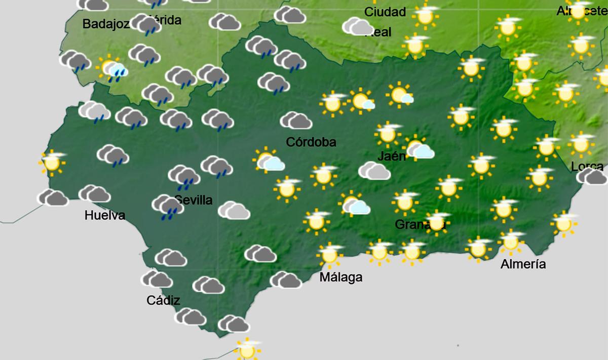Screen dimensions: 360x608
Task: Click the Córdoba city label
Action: [x=311, y=142]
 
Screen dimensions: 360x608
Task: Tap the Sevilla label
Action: [x=194, y=200]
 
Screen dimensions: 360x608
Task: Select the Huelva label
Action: [x=105, y=216]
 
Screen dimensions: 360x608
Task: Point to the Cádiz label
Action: [x=163, y=300]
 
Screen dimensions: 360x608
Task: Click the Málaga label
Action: [x=341, y=277]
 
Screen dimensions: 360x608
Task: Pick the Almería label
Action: [x=523, y=264]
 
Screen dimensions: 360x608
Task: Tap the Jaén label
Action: [x=392, y=156]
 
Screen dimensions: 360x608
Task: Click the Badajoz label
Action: [x=106, y=24]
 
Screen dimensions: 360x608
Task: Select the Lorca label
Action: [x=587, y=166]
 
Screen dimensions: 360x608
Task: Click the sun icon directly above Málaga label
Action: [x=330, y=254]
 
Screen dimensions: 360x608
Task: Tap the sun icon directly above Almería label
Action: [x=511, y=242]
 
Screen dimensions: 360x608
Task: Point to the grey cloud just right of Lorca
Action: [x=592, y=177]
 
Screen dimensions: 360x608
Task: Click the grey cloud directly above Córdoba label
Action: [x=296, y=121]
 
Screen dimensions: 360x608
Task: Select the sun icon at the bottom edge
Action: [x=248, y=349]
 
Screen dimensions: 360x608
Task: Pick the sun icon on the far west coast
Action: [x=52, y=162]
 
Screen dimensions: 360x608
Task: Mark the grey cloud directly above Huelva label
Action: [x=95, y=193]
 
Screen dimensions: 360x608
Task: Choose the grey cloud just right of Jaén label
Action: [x=420, y=149]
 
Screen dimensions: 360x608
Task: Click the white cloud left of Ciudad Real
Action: [x=358, y=27]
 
